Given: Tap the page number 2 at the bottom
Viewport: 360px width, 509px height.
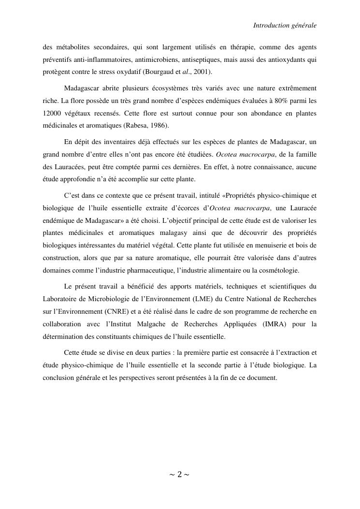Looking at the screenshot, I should tap(179, 475).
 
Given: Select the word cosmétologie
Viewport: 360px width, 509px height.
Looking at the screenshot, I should tap(279, 270).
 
